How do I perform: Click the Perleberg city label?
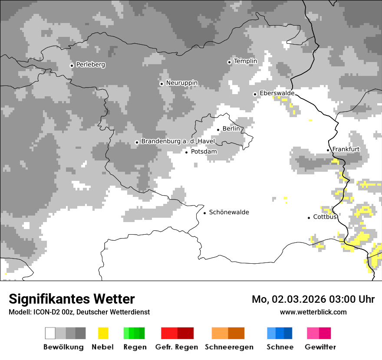90,65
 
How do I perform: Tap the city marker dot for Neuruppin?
161,84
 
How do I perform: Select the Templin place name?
245,61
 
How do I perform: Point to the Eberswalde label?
277,93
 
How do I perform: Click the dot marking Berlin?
218,129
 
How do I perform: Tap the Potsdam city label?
204,152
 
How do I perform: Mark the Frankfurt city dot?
328,150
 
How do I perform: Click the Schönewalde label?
229,212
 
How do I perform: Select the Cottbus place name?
325,217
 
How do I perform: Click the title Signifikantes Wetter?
72,299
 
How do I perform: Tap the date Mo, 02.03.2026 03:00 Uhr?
313,299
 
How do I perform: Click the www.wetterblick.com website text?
313,312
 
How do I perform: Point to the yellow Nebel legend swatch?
103,333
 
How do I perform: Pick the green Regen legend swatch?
134,333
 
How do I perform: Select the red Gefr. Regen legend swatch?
177,333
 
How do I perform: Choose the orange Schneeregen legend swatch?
228,333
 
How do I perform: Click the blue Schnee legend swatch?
280,333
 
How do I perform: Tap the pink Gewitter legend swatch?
319,333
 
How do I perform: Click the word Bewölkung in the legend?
63,347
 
